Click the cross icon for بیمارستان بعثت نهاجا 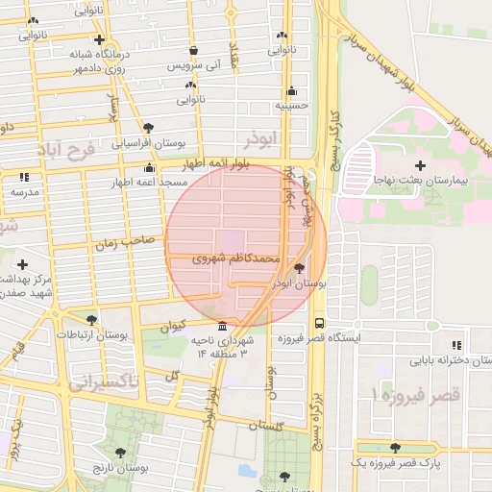(420, 165)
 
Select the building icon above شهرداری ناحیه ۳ (223, 326)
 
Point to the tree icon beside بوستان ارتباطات (91, 319)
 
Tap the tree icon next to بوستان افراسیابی (147, 127)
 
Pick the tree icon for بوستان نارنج (119, 452)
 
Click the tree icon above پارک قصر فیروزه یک (395, 448)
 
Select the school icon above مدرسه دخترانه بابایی (456, 344)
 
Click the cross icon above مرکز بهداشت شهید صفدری (21, 263)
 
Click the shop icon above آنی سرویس (194, 51)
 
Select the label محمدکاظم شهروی (236, 258)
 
